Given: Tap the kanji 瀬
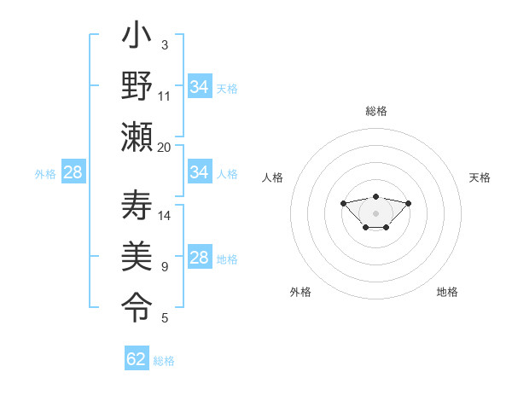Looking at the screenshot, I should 137,137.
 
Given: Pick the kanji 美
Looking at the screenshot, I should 137,256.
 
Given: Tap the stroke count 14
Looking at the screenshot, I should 165,215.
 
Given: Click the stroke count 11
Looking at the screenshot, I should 165,96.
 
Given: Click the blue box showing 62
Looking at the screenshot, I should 137,359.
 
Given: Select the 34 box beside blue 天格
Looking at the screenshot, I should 200,87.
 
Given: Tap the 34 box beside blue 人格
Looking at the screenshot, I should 200,172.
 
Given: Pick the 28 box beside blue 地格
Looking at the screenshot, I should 200,258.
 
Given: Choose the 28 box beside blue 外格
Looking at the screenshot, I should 73,172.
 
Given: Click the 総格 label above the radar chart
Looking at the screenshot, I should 375,111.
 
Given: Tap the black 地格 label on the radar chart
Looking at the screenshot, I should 447,293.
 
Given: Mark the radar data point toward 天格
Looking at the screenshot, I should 408,203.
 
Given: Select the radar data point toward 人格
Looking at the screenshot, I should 343,203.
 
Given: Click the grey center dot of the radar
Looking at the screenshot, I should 375,213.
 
